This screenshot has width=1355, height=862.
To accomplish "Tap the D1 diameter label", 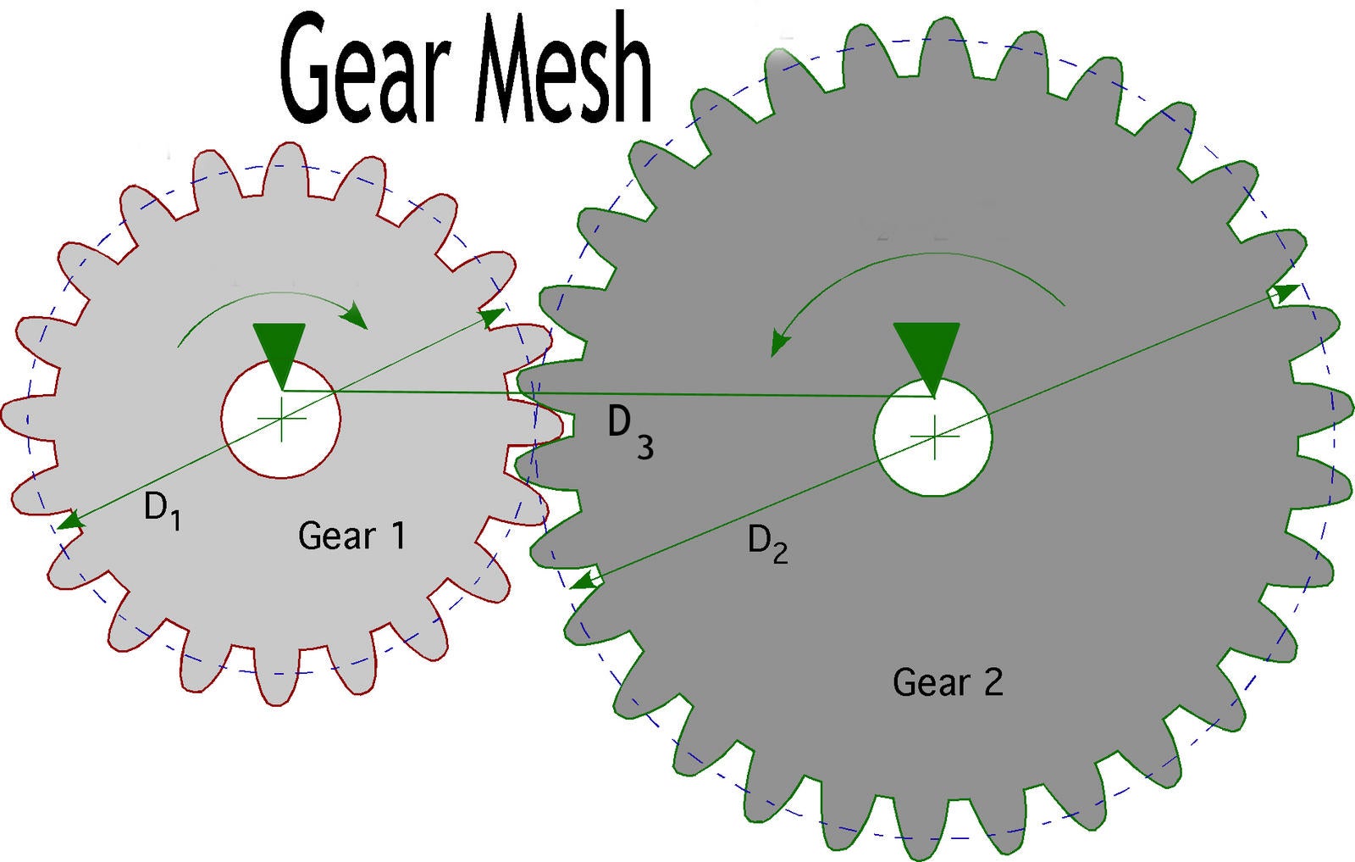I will (x=162, y=510).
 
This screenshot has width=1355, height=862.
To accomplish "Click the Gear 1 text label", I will (x=351, y=536).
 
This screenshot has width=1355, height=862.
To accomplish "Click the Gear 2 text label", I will (x=948, y=682).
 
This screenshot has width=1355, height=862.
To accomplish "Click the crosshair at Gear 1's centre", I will (x=281, y=419).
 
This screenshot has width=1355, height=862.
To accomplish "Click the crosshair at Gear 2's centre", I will (x=934, y=437).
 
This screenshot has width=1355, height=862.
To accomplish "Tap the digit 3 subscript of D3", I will (x=645, y=447).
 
